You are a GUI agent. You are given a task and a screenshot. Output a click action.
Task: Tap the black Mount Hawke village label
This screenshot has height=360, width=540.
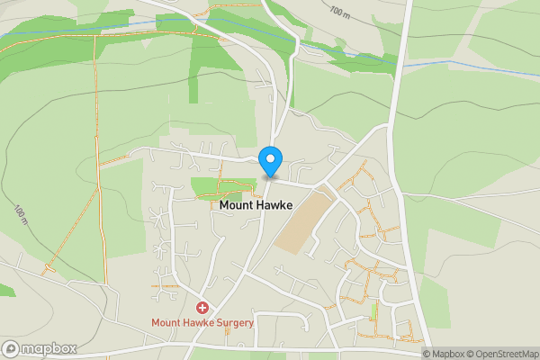[x=256, y=205]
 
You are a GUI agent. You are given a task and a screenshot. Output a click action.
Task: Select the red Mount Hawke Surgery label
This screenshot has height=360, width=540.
[x=202, y=322]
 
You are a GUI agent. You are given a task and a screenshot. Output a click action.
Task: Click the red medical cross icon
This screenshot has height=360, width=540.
[x=202, y=308]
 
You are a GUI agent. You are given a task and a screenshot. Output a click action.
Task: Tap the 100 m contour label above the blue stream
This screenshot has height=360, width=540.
[x=339, y=13]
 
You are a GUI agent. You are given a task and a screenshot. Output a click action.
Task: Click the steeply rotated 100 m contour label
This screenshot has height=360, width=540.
[x=21, y=215]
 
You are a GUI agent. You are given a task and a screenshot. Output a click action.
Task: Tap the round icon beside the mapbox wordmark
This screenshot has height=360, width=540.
[x=11, y=348]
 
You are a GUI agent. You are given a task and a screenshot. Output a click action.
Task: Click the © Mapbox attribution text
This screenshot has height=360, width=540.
[x=445, y=354]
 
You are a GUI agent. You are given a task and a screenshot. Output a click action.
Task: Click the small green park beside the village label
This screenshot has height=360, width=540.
[x=216, y=187]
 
